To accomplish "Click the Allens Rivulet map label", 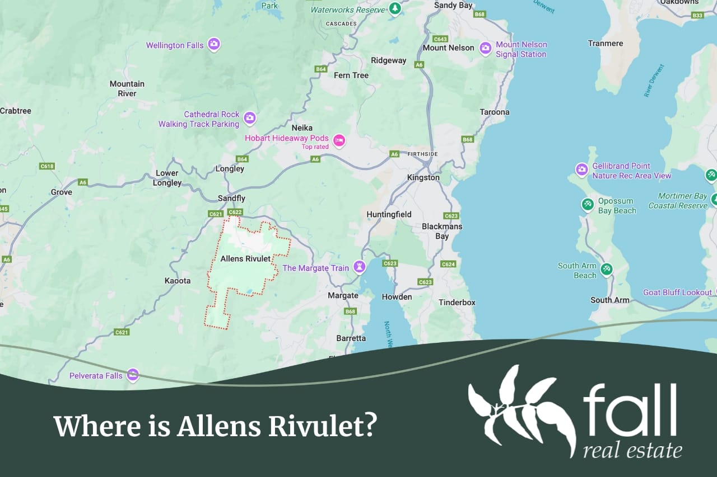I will click(x=245, y=259).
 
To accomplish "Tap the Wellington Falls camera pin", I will click(x=213, y=44).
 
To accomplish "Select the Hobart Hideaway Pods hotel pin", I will click(x=338, y=140).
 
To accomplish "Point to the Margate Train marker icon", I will click(x=359, y=267).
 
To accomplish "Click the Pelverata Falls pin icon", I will click(x=133, y=375).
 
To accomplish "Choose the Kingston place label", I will click(x=423, y=177).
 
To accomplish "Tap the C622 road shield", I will click(x=235, y=212).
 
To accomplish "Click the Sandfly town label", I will click(x=231, y=199).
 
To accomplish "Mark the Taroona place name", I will click(x=495, y=112).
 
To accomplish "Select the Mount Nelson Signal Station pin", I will click(x=485, y=48).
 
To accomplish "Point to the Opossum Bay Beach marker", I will click(x=588, y=205).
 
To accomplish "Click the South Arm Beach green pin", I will click(x=606, y=270).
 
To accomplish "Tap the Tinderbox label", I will click(x=457, y=303).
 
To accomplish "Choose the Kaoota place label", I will click(x=178, y=281).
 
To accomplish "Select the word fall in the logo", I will click(x=630, y=405).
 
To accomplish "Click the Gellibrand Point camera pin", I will click(x=582, y=169).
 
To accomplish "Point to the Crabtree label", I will click(x=15, y=111).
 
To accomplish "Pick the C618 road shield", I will click(x=47, y=166).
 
